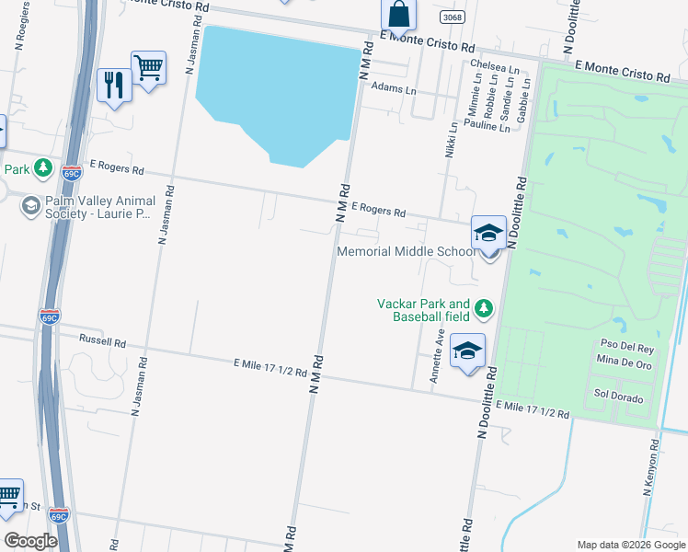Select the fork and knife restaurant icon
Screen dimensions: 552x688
pyautogui.click(x=114, y=86)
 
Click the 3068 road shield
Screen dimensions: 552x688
pyautogui.click(x=452, y=17)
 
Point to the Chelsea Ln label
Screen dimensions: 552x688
pyautogui.click(x=494, y=66)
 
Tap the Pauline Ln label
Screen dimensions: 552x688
pyautogui.click(x=487, y=124)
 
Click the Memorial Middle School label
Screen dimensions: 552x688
pyautogui.click(x=405, y=251)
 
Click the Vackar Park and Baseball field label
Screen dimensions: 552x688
pyautogui.click(x=424, y=310)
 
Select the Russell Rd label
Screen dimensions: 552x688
pyautogui.click(x=102, y=341)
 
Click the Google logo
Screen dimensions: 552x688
pyautogui.click(x=29, y=541)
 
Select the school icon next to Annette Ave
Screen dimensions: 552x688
pyautogui.click(x=467, y=351)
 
